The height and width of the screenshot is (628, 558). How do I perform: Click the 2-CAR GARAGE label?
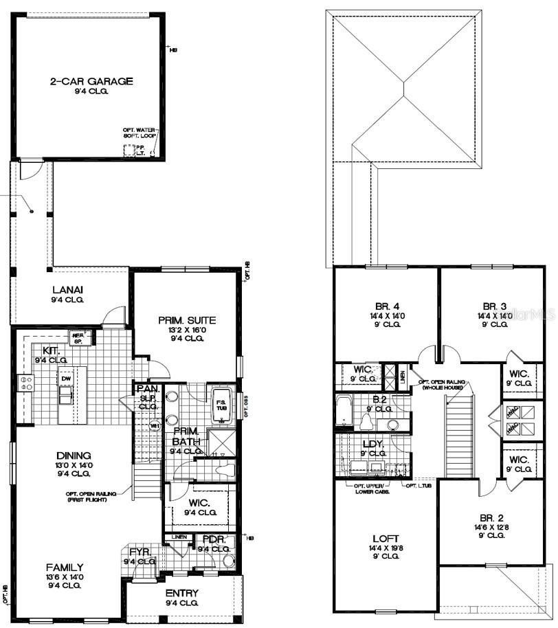coord(91,81)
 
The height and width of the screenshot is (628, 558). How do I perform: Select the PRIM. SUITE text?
coord(187,319)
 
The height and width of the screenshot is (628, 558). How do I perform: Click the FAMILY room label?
coord(65,568)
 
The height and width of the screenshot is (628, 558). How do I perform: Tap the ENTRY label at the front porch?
coord(181,593)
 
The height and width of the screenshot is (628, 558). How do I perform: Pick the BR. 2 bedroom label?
coord(493,519)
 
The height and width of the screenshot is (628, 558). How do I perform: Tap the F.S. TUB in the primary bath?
coord(222,405)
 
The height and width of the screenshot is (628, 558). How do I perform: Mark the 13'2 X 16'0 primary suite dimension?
coord(187,329)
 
